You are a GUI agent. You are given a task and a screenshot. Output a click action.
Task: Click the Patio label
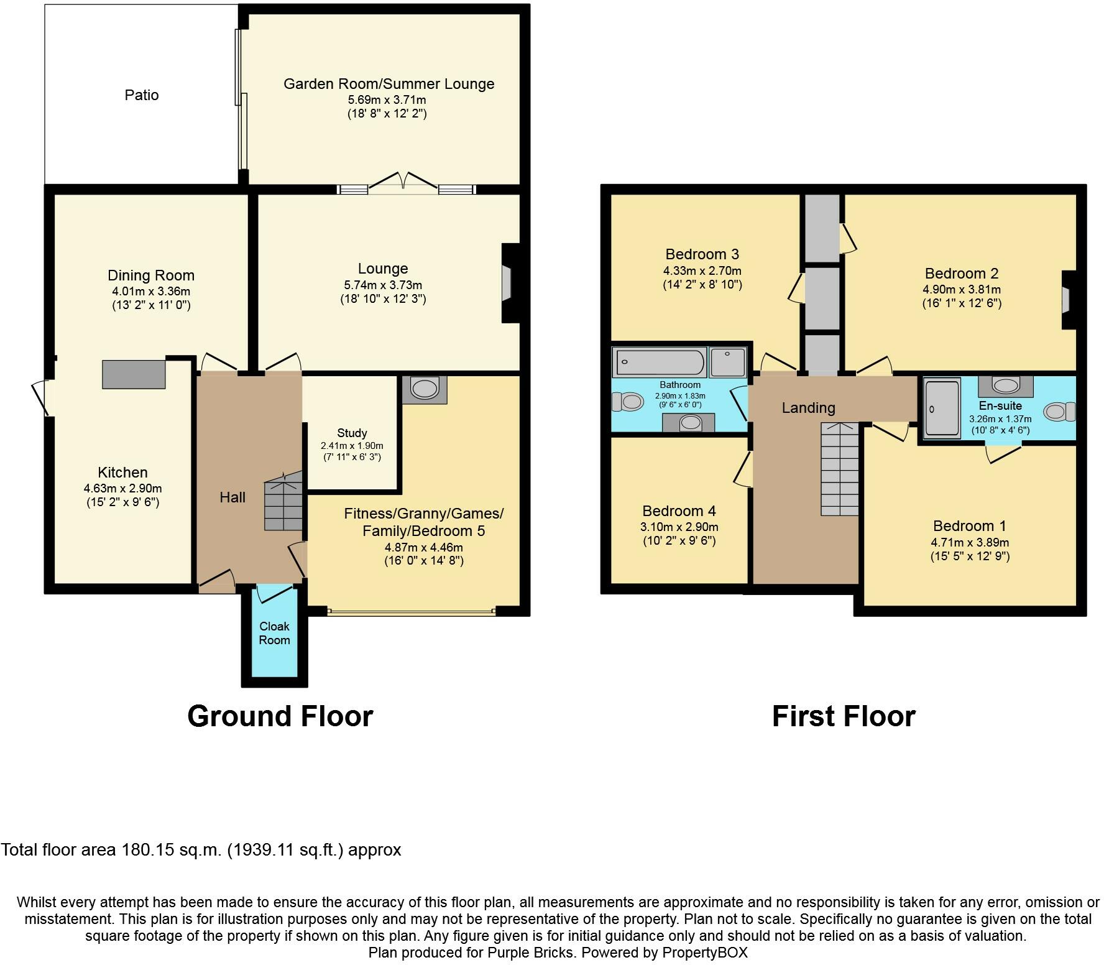tap(142, 95)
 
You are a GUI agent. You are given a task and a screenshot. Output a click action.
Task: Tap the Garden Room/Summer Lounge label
tap(389, 84)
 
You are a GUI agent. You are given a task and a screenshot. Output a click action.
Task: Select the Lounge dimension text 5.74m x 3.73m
tap(383, 285)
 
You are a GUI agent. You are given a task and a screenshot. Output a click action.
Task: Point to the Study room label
tap(352, 433)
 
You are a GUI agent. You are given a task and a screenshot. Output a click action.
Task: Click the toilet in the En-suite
tap(1060, 412)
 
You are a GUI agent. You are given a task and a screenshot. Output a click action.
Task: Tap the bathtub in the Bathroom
tap(660, 362)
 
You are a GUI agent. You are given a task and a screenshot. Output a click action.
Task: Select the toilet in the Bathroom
tap(627, 402)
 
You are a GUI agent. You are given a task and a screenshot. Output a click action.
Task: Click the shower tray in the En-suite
tap(942, 407)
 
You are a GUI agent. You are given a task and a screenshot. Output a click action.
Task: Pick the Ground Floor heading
tap(280, 716)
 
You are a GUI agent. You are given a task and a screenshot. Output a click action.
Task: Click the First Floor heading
tap(844, 716)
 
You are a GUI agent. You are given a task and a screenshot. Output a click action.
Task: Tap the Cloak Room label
tap(274, 633)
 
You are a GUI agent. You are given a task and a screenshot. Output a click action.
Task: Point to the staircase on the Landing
tap(840, 469)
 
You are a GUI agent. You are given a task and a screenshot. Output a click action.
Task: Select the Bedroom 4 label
tap(679, 511)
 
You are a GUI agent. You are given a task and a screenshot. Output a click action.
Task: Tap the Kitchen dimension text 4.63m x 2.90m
tap(123, 489)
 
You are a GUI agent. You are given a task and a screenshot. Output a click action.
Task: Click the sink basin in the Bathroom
tap(689, 423)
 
